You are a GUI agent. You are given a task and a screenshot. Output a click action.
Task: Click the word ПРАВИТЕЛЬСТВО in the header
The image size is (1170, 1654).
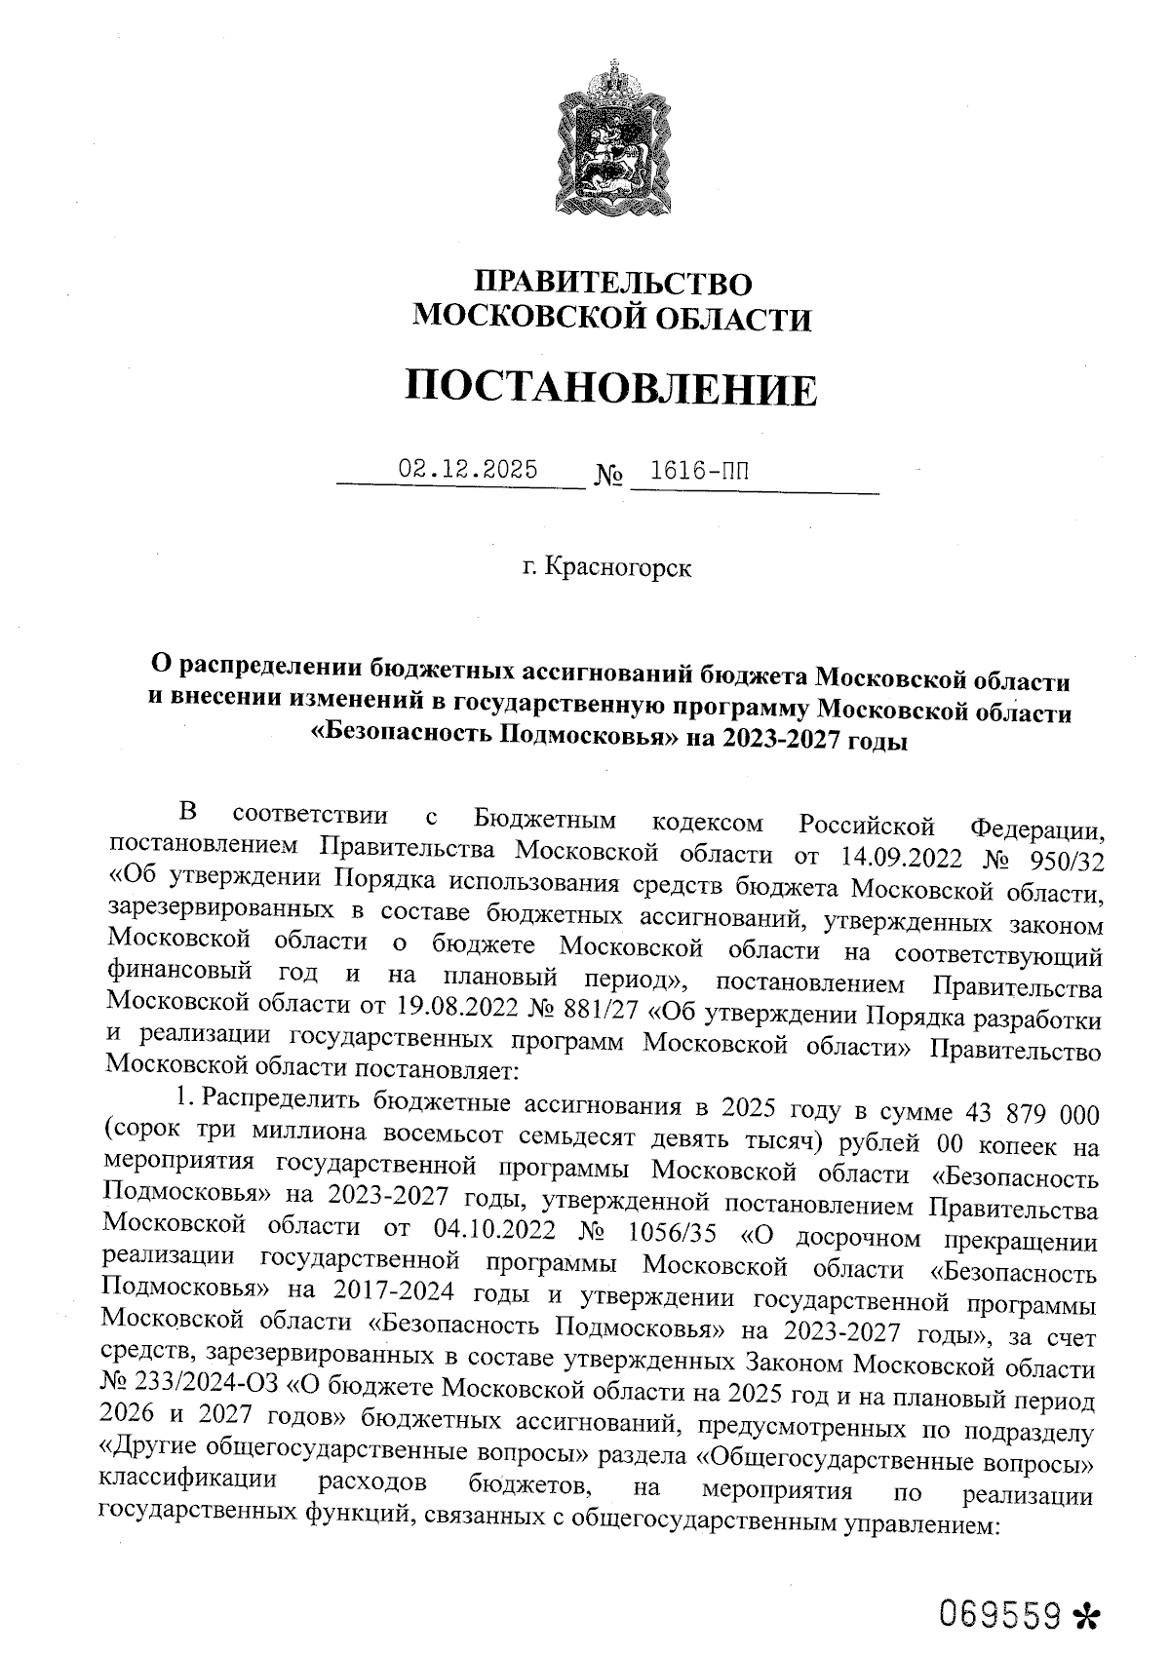pyautogui.click(x=612, y=284)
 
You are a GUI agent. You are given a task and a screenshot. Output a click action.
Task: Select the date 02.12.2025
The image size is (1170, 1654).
pyautogui.click(x=468, y=469)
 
